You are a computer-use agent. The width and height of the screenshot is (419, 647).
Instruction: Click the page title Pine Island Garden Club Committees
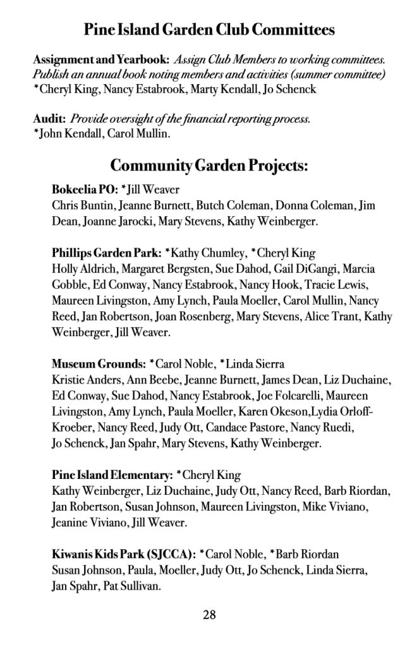tap(209, 29)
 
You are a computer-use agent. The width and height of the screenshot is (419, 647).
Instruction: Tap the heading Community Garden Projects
tap(209, 166)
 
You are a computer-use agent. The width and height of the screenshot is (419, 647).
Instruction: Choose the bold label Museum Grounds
tap(99, 365)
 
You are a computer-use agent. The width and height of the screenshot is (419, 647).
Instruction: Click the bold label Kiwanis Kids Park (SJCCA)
tap(123, 554)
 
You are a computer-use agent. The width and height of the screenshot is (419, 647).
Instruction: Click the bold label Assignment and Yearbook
tap(100, 59)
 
